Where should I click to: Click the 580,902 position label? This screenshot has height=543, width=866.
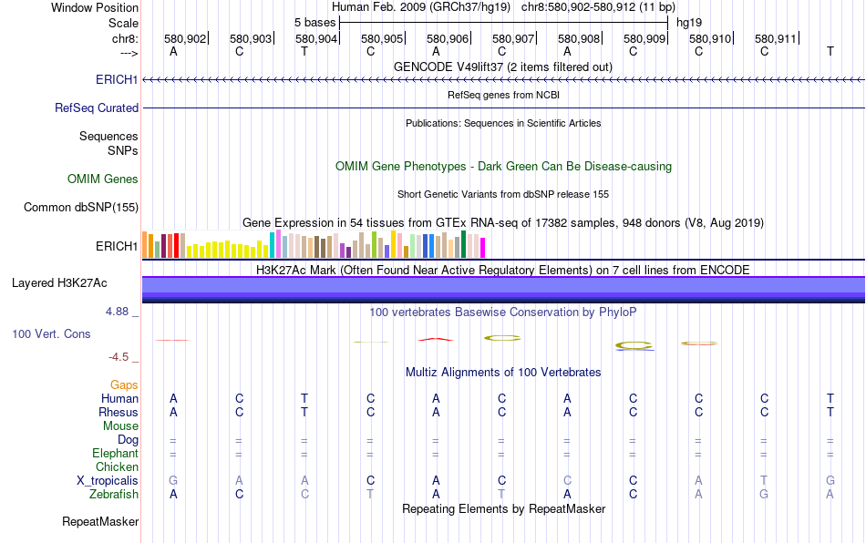tap(185, 38)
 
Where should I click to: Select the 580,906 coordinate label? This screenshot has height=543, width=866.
tap(448, 38)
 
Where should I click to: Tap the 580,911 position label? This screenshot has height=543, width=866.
tap(776, 38)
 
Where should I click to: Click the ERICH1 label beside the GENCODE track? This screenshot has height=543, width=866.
tap(117, 80)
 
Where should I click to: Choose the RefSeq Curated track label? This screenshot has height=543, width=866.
tap(97, 108)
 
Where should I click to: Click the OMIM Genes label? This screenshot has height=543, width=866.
tap(103, 179)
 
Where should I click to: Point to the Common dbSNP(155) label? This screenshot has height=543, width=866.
tap(81, 208)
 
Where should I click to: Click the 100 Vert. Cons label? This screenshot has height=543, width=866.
tap(51, 334)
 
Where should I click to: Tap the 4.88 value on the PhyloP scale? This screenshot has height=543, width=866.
tap(119, 312)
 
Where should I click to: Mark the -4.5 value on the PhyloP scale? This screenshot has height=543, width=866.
tap(120, 357)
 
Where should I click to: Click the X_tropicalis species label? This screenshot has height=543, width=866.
tap(108, 480)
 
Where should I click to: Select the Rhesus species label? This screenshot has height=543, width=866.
tap(119, 412)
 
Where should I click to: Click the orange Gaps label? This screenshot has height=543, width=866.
tap(124, 385)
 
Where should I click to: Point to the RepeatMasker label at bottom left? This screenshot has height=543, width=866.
tap(100, 522)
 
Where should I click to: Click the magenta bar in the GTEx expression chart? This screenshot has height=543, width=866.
tap(483, 247)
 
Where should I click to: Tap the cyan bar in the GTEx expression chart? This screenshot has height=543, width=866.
tap(273, 244)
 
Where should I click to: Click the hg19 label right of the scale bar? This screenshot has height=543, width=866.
tap(688, 21)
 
